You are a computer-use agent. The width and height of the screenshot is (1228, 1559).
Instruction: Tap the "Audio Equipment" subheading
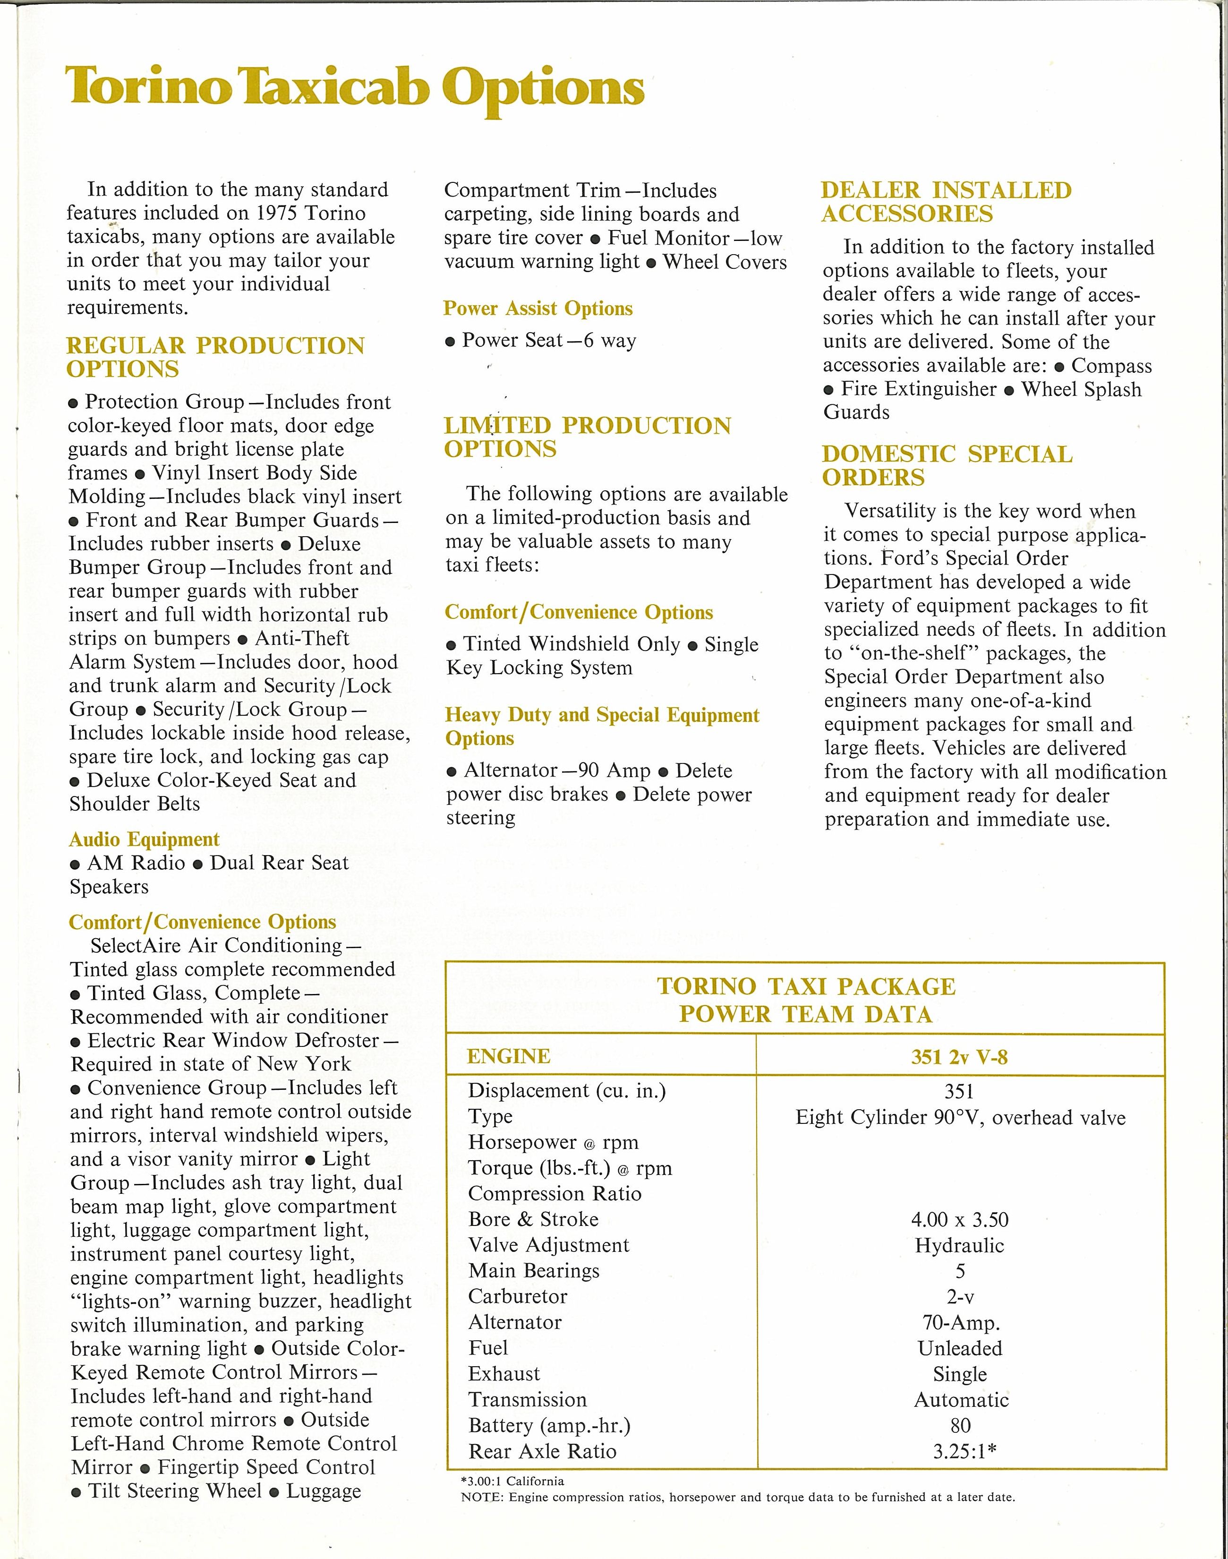click(144, 839)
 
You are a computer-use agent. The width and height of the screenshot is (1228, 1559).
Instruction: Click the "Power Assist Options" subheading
click(538, 308)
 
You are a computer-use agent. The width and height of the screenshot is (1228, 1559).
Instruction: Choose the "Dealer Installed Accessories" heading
click(946, 202)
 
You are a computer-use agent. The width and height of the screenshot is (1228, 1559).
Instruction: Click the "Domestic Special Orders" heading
click(947, 466)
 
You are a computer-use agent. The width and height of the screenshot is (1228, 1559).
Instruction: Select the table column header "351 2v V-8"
click(960, 1056)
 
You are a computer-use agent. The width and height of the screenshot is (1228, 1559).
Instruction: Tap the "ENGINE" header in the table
click(508, 1056)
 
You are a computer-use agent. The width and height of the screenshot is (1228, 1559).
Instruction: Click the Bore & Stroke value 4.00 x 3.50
click(960, 1220)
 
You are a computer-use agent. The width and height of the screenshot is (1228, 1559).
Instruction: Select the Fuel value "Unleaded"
click(960, 1348)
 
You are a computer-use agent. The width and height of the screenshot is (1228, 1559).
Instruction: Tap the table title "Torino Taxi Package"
click(806, 986)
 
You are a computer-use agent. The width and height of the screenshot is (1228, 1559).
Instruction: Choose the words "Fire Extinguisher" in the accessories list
click(918, 389)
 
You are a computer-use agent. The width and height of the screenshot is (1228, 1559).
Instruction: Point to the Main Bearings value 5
click(960, 1271)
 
